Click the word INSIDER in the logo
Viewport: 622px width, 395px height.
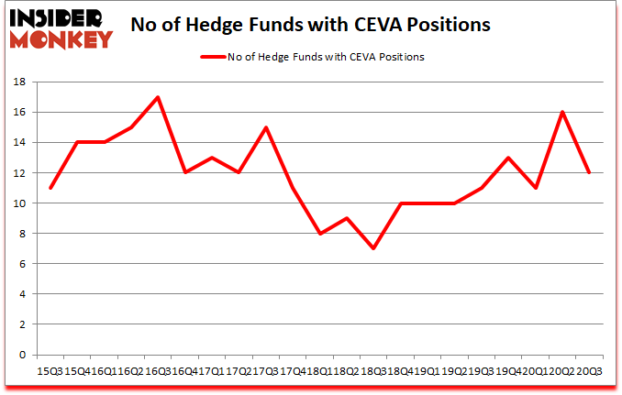coord(61,16)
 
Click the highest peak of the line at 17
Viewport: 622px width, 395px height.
coord(158,97)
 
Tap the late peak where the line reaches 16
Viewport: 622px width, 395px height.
coord(561,112)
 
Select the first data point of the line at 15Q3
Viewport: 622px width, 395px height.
coord(50,188)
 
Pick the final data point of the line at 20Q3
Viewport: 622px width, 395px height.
coord(588,172)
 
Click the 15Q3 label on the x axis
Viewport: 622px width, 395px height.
coord(49,370)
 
